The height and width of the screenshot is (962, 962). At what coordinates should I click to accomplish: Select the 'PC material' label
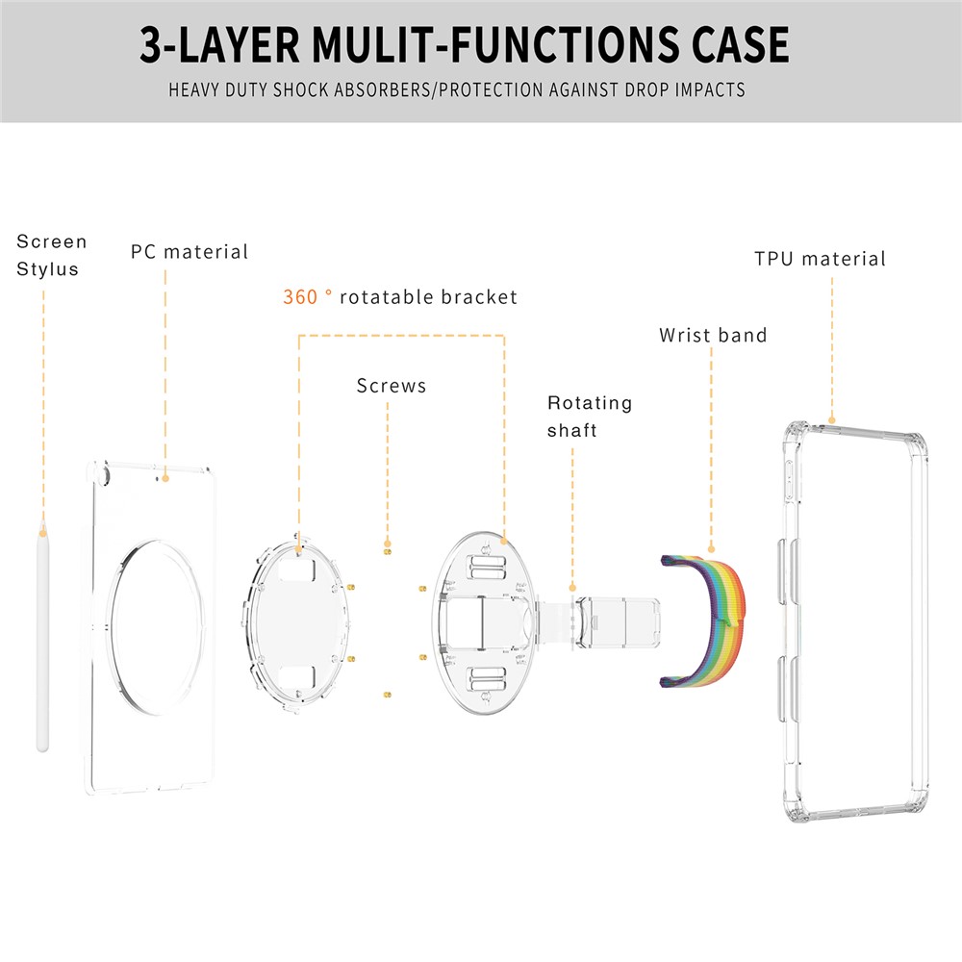pyautogui.click(x=190, y=252)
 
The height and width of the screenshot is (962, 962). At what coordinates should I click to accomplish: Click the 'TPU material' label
pyautogui.click(x=820, y=259)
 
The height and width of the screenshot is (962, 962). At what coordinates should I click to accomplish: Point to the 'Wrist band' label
pyautogui.click(x=713, y=336)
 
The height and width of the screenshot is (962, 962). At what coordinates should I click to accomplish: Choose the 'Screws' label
pyautogui.click(x=391, y=386)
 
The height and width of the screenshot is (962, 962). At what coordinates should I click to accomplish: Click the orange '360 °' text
pyautogui.click(x=307, y=297)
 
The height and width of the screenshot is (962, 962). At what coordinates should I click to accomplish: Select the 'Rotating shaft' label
pyautogui.click(x=589, y=416)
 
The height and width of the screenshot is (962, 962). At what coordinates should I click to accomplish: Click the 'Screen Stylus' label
pyautogui.click(x=51, y=255)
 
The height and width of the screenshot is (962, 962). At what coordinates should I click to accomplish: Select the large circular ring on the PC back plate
pyautogui.click(x=119, y=615)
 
